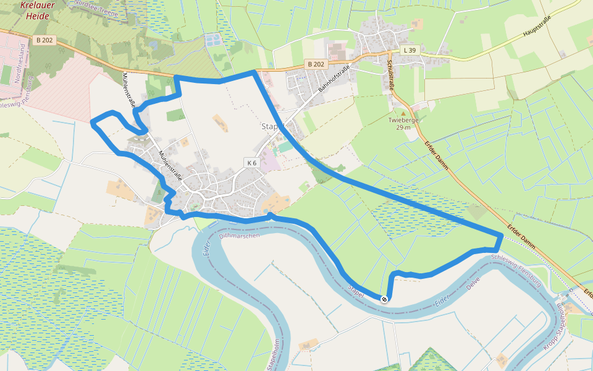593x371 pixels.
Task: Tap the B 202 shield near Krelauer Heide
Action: tap(44, 40)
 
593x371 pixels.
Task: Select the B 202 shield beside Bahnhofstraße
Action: tap(316, 64)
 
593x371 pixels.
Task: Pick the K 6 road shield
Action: tap(251, 163)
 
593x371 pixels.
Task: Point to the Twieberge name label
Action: tap(403, 120)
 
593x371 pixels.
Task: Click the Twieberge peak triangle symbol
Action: tap(403, 113)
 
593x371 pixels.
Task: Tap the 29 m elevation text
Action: tap(403, 127)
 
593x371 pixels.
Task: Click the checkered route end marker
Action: tap(384, 299)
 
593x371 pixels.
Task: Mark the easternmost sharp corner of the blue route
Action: tap(501, 234)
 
